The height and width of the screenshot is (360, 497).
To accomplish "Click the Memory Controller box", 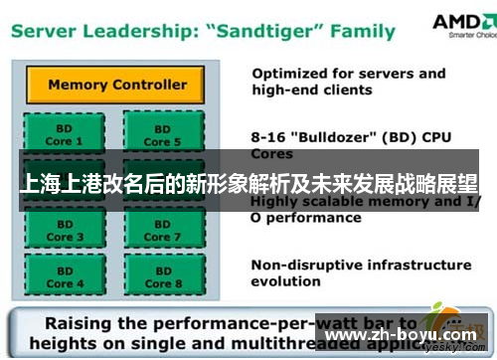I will click(x=116, y=85).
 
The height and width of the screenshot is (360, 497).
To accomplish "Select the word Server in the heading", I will click(x=46, y=30).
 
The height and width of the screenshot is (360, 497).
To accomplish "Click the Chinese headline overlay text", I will click(x=248, y=186).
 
